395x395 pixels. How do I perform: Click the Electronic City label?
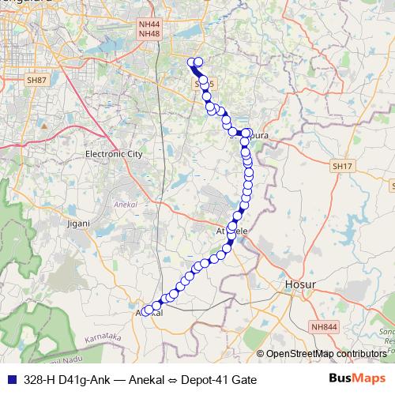pyautogui.click(x=113, y=154)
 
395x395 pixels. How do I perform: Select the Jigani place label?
pyautogui.click(x=79, y=224)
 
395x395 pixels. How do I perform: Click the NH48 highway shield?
pyautogui.click(x=149, y=34)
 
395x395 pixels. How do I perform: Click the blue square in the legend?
pyautogui.click(x=10, y=380)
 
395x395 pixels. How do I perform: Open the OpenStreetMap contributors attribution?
pyautogui.click(x=325, y=354)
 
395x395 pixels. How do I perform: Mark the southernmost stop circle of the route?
pyautogui.click(x=147, y=311)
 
